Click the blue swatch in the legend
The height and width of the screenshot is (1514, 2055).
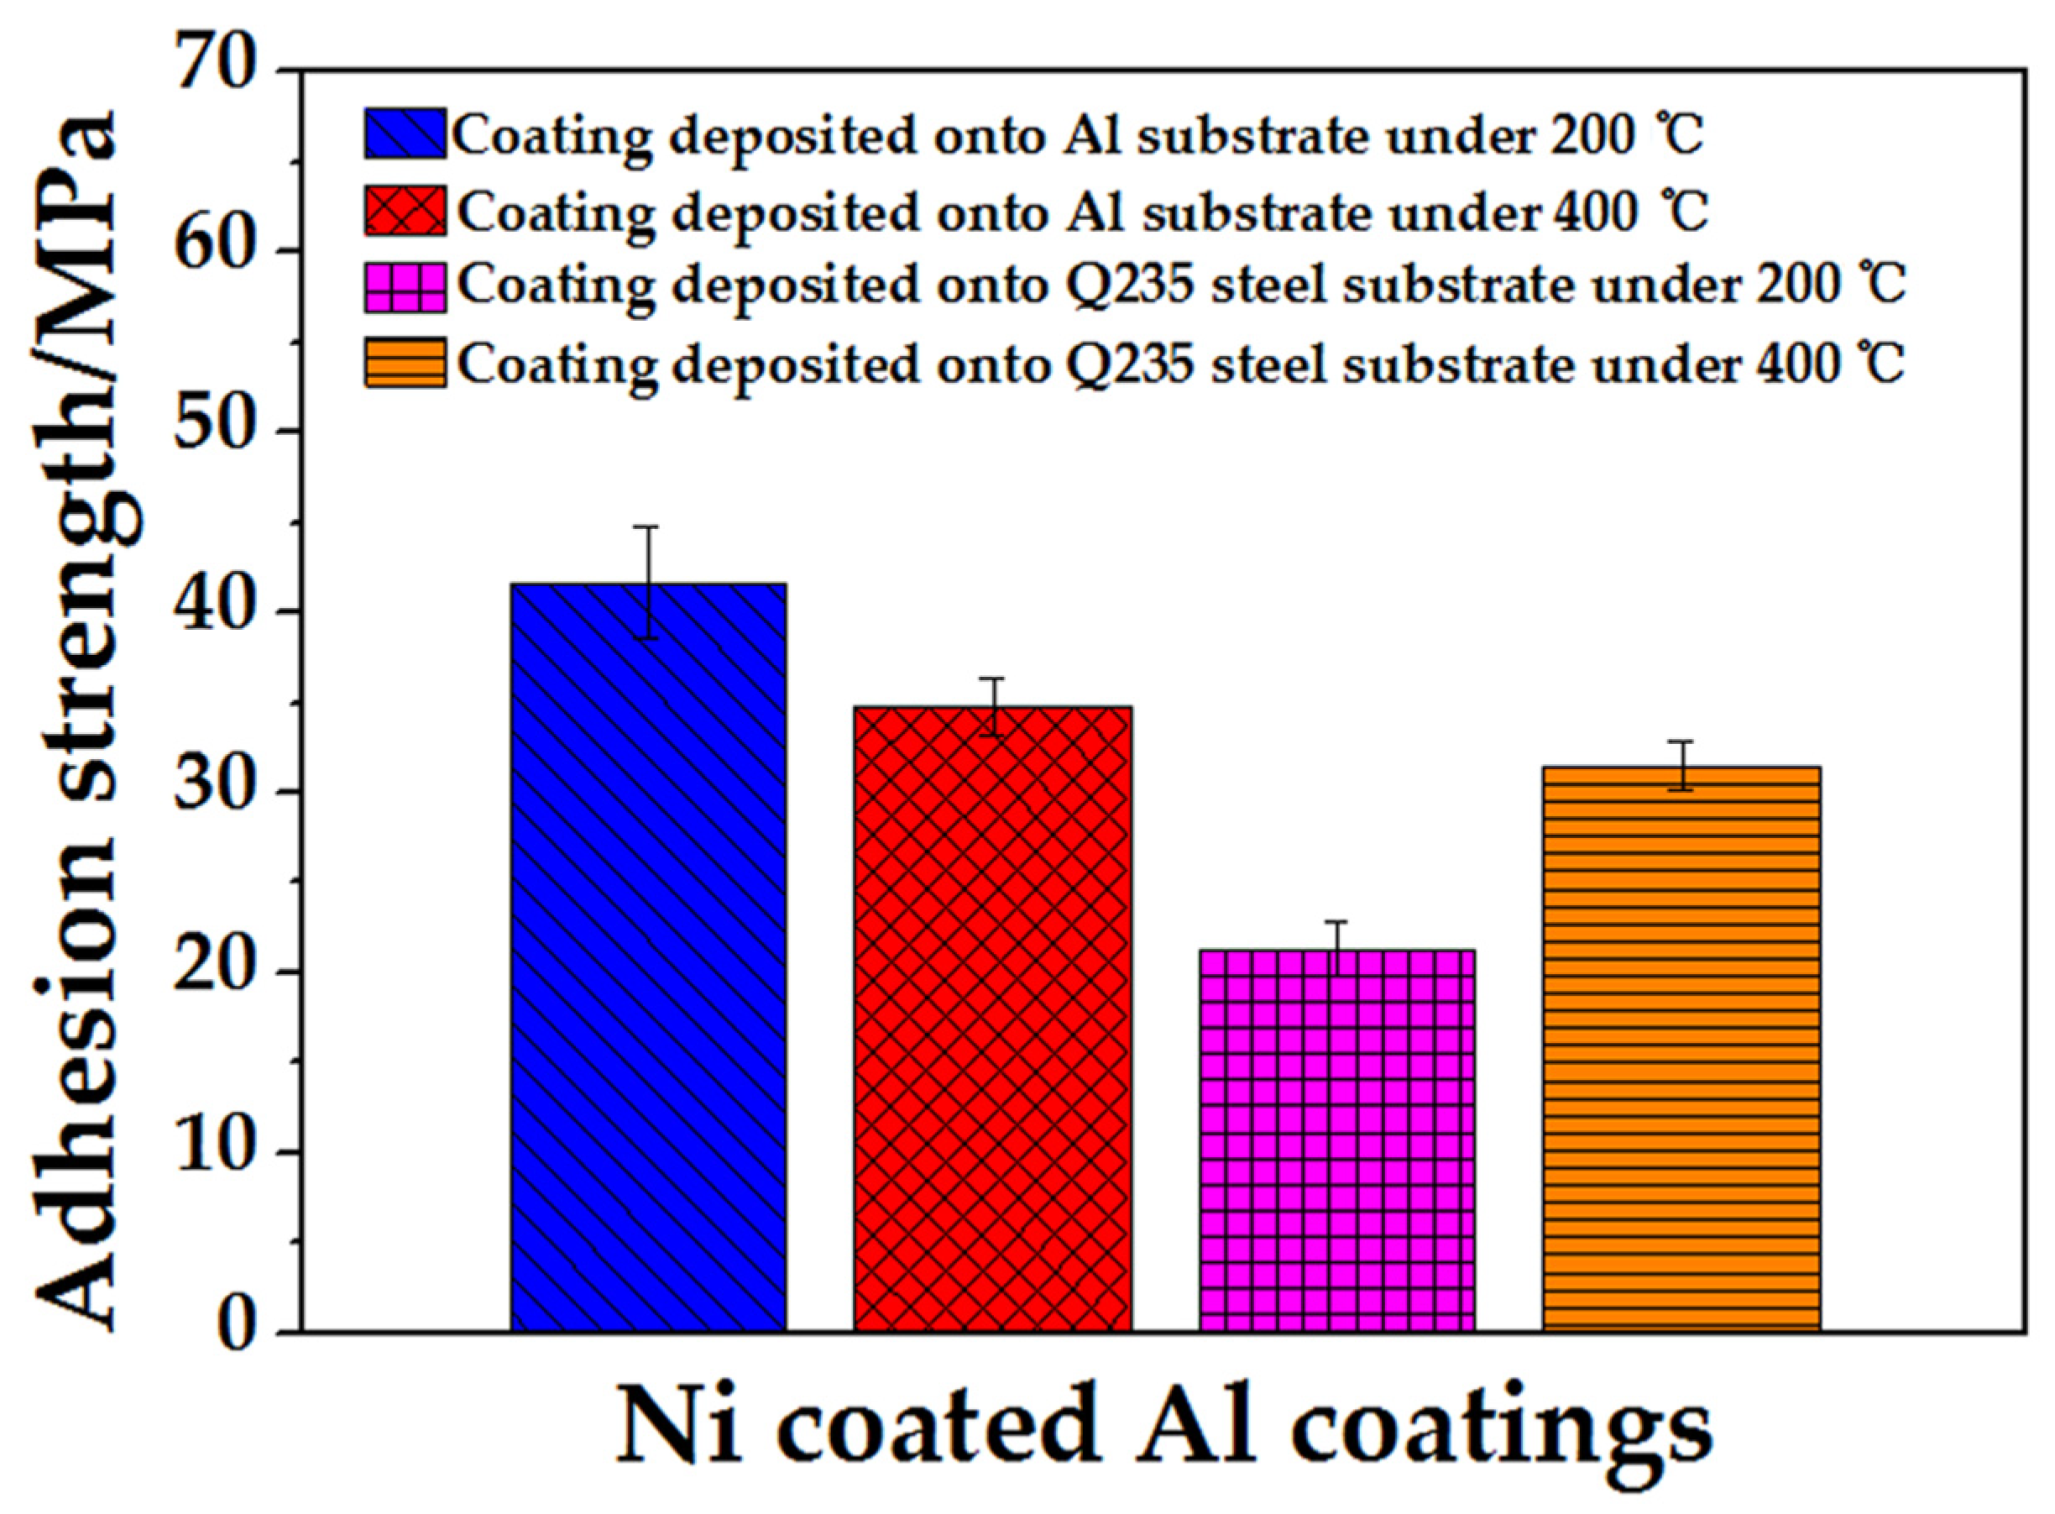coord(405,134)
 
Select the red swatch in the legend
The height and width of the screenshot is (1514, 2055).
coord(405,211)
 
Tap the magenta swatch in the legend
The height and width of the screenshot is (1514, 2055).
coord(405,287)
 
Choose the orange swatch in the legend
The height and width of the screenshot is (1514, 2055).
coord(405,363)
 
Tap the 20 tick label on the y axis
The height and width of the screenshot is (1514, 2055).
coord(212,971)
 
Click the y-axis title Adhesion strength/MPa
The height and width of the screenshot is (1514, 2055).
coord(78,724)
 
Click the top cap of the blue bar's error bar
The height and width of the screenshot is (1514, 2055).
coord(648,527)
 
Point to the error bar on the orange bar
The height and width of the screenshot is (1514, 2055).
coord(1681,765)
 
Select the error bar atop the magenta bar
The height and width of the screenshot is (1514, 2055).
coord(1336,948)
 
